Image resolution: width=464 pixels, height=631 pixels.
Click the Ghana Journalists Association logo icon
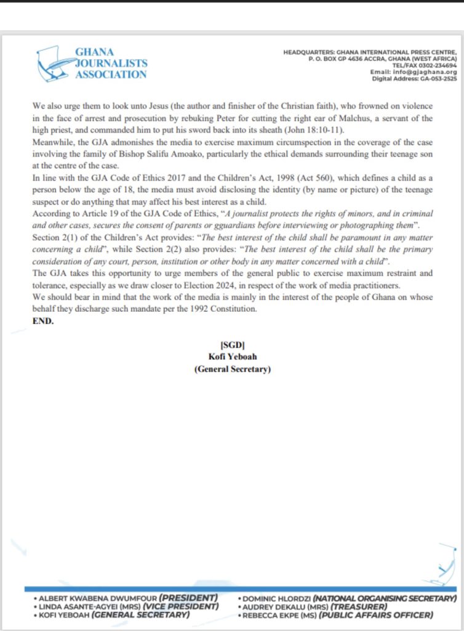[54, 63]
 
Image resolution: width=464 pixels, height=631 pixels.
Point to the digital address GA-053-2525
[434, 79]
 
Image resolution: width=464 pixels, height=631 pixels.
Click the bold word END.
[43, 321]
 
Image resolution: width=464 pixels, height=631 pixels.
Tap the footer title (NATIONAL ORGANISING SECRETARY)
[385, 598]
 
